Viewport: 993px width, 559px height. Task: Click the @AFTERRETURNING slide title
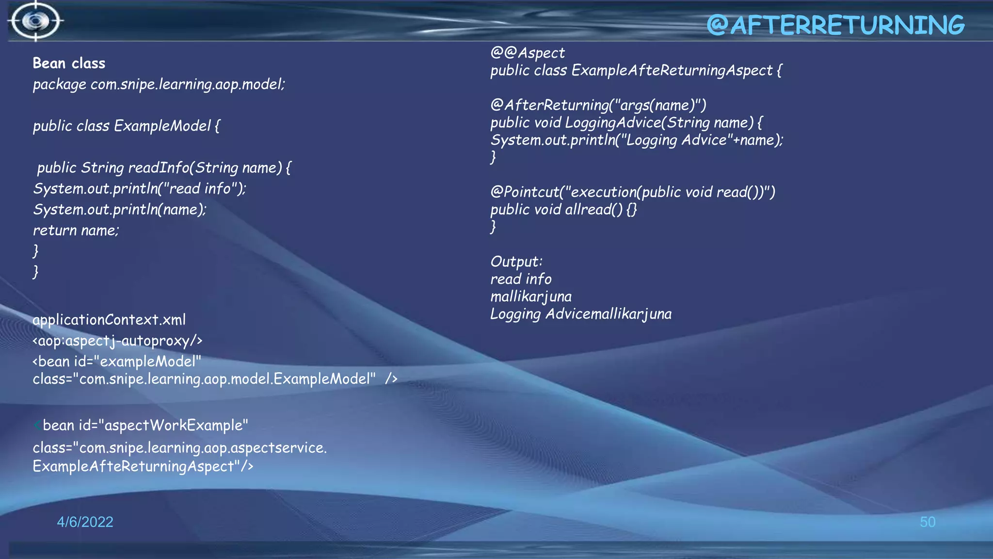[x=835, y=25]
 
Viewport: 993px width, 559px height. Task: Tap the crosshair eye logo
[x=35, y=21]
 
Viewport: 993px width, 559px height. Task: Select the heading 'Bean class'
[x=69, y=64]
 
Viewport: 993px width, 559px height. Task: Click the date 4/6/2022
[x=85, y=522]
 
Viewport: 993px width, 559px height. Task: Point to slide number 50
[x=927, y=522]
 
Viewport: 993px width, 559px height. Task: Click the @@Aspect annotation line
[x=528, y=52]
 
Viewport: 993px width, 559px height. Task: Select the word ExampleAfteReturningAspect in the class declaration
[x=672, y=70]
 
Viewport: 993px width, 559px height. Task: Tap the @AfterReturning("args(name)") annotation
[x=598, y=105]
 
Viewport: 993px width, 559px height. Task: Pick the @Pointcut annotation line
[x=632, y=192]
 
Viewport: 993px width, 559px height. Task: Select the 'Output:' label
[x=516, y=262]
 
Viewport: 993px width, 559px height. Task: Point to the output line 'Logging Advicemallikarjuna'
[x=581, y=314]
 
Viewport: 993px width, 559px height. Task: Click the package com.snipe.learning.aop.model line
[x=159, y=84]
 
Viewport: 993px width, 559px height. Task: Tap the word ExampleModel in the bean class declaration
[x=162, y=126]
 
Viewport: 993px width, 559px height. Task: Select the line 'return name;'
[x=76, y=230]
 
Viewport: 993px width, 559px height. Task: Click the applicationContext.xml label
[x=109, y=320]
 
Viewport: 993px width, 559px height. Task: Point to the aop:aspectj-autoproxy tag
[x=117, y=341]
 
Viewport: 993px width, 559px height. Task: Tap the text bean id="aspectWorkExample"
[x=145, y=426]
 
